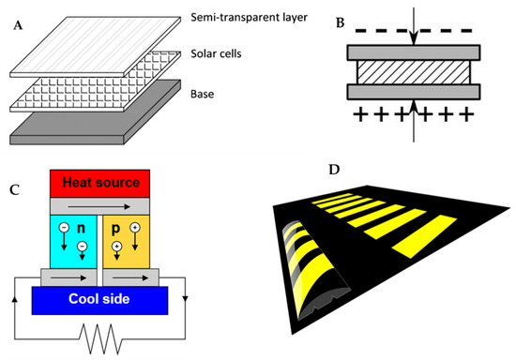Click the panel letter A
pyautogui.click(x=15, y=25)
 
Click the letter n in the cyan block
pyautogui.click(x=81, y=228)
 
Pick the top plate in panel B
pyautogui.click(x=413, y=52)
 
